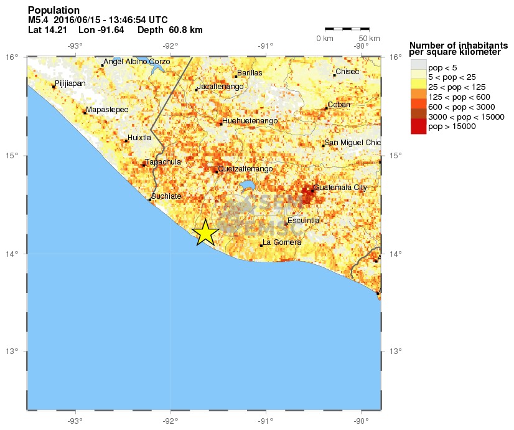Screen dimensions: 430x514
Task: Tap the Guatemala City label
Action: (340, 187)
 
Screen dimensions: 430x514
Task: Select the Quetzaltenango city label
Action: (245, 169)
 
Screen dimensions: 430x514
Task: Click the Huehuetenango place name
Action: (250, 121)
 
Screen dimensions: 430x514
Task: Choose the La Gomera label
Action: (283, 242)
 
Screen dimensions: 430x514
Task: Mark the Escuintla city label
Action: (304, 221)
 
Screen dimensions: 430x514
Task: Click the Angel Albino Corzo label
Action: (136, 62)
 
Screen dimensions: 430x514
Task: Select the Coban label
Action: (339, 105)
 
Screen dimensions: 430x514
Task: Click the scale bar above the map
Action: (347, 29)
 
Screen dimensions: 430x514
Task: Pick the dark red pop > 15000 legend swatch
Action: (418, 127)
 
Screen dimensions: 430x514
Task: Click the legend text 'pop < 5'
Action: (442, 67)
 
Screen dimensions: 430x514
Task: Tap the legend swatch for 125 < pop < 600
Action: (418, 97)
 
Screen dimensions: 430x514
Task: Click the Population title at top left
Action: (54, 11)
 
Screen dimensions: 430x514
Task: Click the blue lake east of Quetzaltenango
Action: (248, 186)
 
